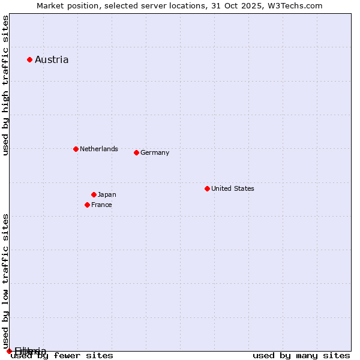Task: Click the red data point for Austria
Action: point(29,59)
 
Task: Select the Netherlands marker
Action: point(76,149)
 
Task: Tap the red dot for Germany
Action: point(136,152)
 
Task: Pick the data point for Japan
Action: point(94,194)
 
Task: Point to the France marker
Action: point(87,205)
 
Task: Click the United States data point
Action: point(207,188)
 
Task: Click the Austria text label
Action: point(52,59)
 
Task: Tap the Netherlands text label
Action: point(99,149)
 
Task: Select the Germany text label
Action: point(155,152)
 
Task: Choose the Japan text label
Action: point(107,194)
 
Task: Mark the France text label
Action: point(101,205)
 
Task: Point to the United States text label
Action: point(233,188)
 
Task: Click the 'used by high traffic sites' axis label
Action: point(6,85)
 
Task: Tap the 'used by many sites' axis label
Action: point(301,355)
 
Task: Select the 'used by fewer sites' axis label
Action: point(62,355)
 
